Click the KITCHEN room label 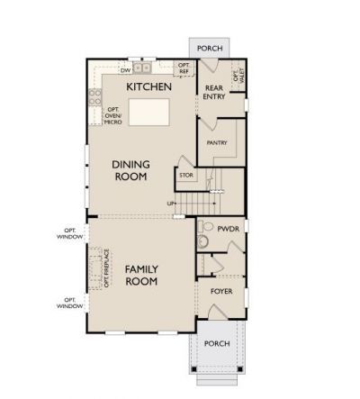148,86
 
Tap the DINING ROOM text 130,170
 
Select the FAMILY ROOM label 141,275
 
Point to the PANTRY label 216,142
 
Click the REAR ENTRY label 214,92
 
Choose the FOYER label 221,292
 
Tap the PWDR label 227,230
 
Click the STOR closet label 186,175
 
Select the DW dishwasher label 126,68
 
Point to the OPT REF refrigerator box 184,68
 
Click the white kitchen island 148,112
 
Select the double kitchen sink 144,68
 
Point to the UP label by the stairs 171,204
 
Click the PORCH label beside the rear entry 209,48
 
